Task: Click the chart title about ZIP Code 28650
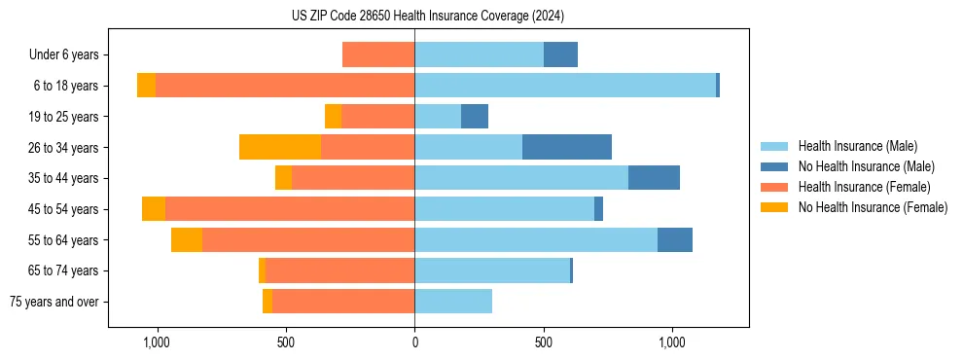tap(428, 16)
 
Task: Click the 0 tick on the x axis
tap(414, 342)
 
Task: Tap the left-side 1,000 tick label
tap(157, 342)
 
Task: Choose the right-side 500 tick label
tap(544, 342)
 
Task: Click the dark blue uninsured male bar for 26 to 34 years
tap(567, 147)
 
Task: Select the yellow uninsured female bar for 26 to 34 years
tap(280, 147)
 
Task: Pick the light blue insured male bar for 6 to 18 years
tap(565, 86)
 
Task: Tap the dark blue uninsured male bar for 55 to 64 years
tap(675, 239)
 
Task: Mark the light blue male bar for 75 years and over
tap(453, 301)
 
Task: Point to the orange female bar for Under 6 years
tap(378, 54)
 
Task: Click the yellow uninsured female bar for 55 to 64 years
tap(187, 239)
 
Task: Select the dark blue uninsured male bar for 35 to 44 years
tap(654, 178)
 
